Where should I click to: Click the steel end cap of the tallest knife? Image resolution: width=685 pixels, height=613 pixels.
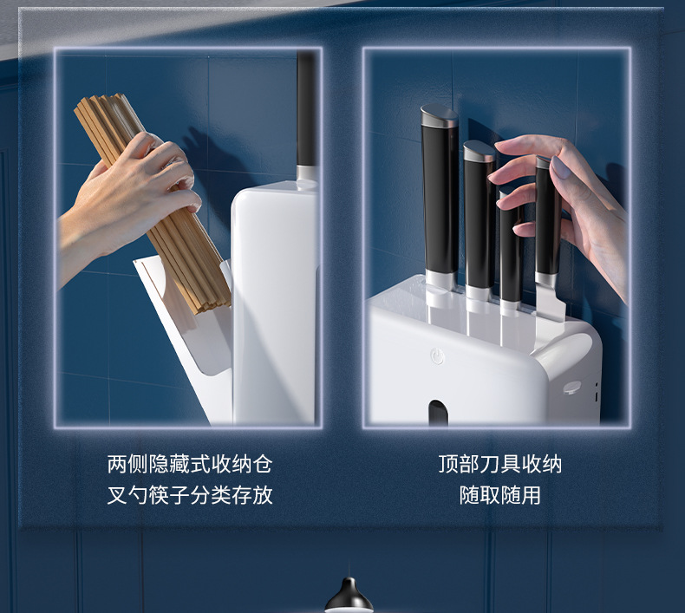439,113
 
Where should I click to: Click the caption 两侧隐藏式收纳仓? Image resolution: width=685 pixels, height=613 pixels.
189,464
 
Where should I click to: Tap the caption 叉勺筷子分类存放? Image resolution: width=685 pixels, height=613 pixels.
189,495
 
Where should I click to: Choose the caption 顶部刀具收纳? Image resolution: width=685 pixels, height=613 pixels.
499,464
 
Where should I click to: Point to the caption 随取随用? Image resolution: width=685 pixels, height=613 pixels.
499,495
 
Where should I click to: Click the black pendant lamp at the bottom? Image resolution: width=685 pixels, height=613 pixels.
349,597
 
